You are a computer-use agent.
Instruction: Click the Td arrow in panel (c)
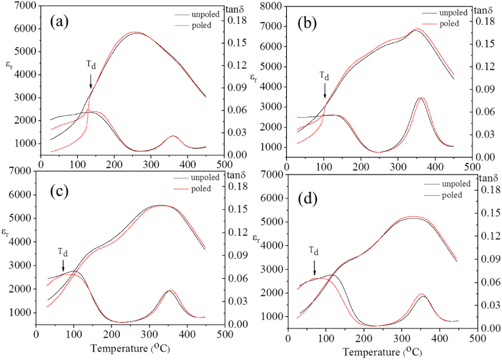tap(63, 264)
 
